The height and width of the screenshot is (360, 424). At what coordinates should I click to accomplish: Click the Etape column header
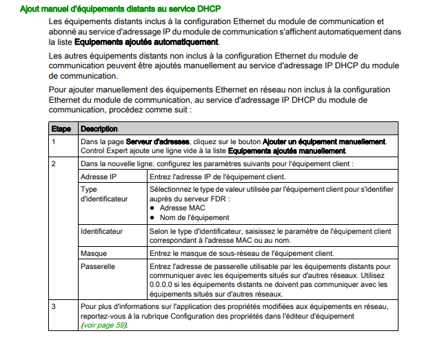pos(61,129)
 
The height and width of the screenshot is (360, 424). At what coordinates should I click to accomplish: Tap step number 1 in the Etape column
pos(53,141)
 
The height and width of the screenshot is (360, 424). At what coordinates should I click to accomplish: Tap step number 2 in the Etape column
pos(53,163)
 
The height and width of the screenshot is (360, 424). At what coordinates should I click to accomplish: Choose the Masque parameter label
pos(94,253)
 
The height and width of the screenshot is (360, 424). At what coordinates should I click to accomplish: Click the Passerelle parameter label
pos(98,265)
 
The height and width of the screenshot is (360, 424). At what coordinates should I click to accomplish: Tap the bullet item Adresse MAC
pos(183,207)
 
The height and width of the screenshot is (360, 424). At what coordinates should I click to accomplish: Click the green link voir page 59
pos(104,324)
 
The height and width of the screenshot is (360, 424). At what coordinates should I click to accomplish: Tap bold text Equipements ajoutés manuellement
pos(286,150)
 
